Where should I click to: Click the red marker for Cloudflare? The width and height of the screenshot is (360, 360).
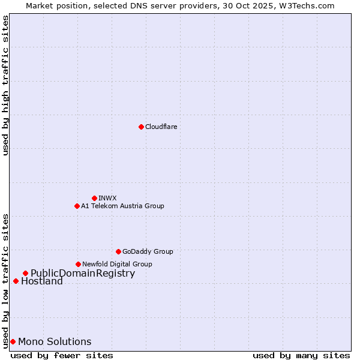tap(141, 127)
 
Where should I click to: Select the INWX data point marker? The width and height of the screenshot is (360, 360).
tap(94, 198)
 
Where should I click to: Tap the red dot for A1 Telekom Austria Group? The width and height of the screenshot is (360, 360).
tap(77, 206)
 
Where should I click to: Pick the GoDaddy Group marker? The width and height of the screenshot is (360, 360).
tap(118, 251)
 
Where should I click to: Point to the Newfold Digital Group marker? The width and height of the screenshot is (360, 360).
tap(78, 264)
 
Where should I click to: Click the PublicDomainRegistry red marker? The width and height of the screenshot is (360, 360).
tap(25, 274)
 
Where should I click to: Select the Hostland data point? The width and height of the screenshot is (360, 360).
tap(16, 281)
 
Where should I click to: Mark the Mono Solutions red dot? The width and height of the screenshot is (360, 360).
tap(13, 341)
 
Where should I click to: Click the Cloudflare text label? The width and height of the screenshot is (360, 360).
tap(161, 127)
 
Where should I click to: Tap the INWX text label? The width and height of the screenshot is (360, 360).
tap(107, 198)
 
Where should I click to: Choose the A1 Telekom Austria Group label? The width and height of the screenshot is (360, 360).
tap(122, 206)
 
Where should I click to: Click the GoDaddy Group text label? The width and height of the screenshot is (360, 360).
tap(148, 251)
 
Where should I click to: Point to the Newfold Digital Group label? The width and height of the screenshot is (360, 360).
tap(117, 264)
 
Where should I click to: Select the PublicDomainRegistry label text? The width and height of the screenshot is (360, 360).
tap(83, 274)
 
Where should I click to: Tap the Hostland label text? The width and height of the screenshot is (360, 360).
tap(42, 281)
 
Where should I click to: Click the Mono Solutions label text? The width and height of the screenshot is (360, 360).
tap(55, 342)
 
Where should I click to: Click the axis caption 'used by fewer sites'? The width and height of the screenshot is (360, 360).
tap(62, 355)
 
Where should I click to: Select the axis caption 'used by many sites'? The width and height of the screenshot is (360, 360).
tap(301, 355)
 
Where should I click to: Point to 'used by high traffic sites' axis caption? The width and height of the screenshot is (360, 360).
tap(5, 85)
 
